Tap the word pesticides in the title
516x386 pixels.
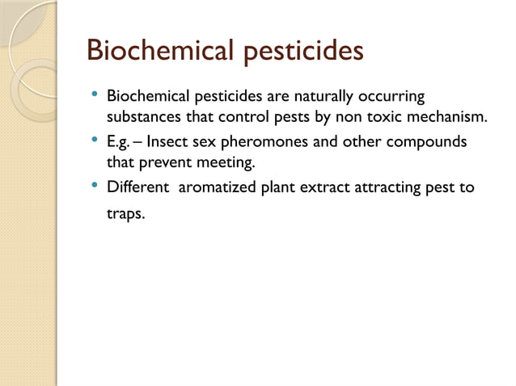[x=301, y=52]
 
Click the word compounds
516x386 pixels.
[x=425, y=143]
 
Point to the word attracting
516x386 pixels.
[x=385, y=188]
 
